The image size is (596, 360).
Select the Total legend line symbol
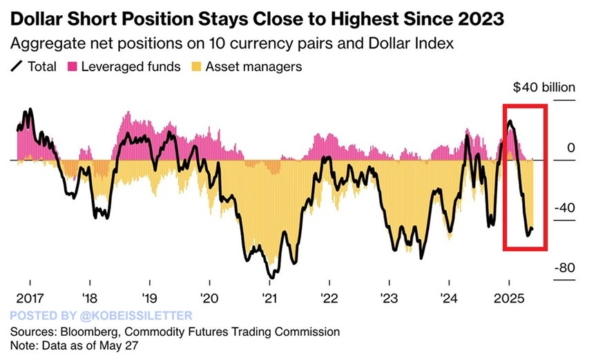coord(15,67)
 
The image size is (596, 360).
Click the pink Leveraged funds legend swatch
coord(71,67)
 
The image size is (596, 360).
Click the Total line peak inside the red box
coord(510,122)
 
